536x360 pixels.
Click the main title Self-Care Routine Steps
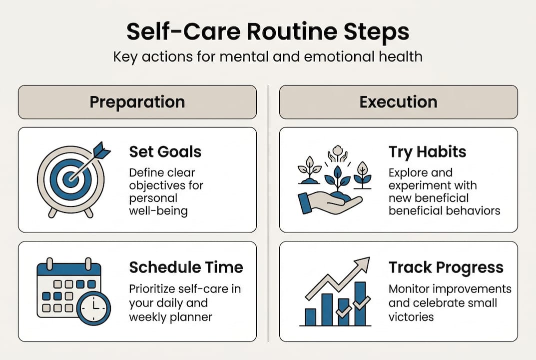tap(268, 31)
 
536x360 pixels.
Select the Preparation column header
tap(137, 102)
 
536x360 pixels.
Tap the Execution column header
tap(398, 102)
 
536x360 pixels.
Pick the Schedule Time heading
tap(186, 267)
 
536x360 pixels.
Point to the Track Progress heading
tap(446, 267)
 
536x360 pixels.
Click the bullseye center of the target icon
tap(70, 178)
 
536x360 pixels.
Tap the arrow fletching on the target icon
tap(102, 150)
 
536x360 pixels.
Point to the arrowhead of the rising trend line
tap(364, 263)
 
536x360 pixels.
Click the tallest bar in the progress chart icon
tap(360, 303)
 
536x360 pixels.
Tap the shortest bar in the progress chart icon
tap(310, 316)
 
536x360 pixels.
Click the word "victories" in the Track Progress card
tap(411, 317)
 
